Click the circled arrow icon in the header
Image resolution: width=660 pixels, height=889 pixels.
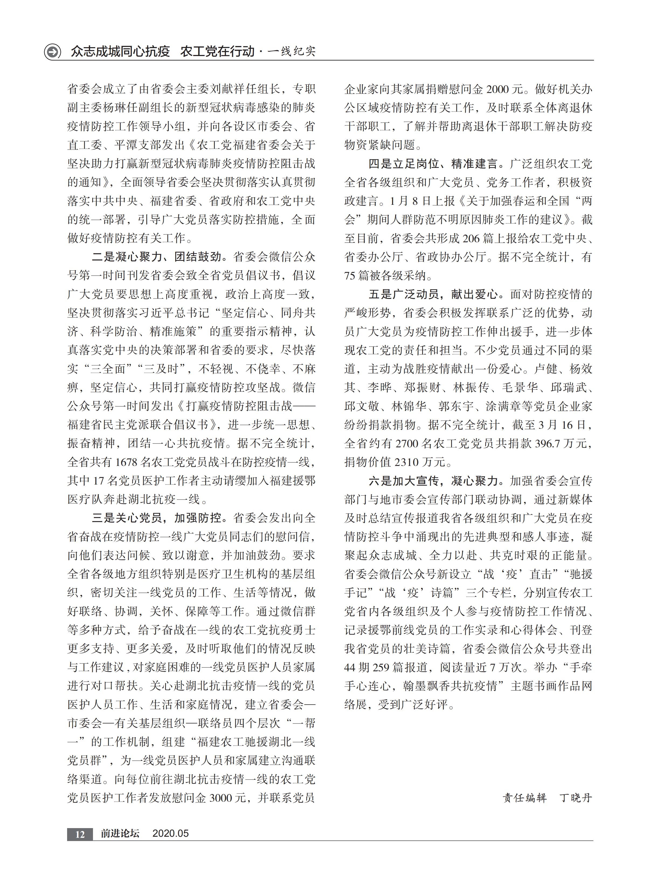52,51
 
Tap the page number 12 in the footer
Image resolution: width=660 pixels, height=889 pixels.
80,834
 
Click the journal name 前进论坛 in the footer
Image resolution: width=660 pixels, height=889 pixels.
120,833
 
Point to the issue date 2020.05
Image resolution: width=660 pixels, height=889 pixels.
171,833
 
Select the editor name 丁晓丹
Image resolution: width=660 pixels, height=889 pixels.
576,798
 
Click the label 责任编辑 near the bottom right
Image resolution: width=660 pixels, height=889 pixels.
524,798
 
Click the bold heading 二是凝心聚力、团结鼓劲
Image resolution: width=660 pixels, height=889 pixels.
156,257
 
